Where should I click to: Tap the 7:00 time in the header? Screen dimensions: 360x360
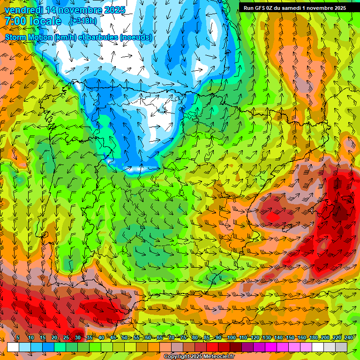pyautogui.click(x=14, y=21)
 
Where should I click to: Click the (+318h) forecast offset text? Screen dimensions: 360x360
pyautogui.click(x=84, y=21)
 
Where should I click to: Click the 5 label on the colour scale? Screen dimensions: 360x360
pyautogui.click(x=18, y=337)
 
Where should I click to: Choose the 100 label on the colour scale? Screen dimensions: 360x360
pyautogui.click(x=231, y=337)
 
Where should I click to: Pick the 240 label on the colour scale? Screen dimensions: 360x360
pyautogui.click(x=348, y=337)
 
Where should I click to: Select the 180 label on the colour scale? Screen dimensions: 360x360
pyautogui.click(x=313, y=337)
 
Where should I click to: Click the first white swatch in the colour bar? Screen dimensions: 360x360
pyautogui.click(x=13, y=347)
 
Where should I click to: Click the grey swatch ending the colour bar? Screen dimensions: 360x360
pyautogui.click(x=341, y=347)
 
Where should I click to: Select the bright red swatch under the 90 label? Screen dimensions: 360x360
pyautogui.click(x=212, y=347)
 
